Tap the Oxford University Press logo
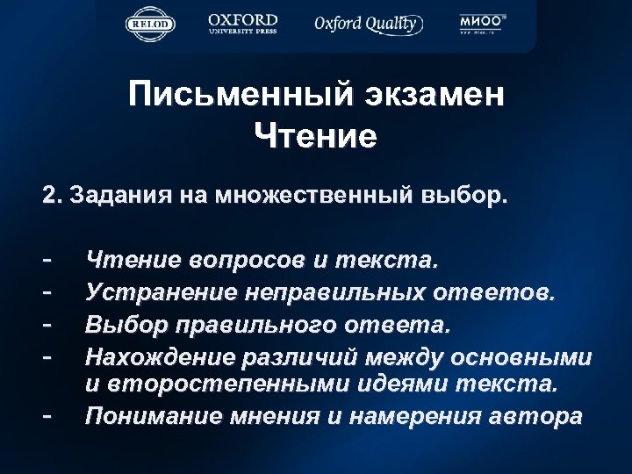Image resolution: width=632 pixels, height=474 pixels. click(243, 24)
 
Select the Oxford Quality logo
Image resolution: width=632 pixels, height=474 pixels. click(366, 24)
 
